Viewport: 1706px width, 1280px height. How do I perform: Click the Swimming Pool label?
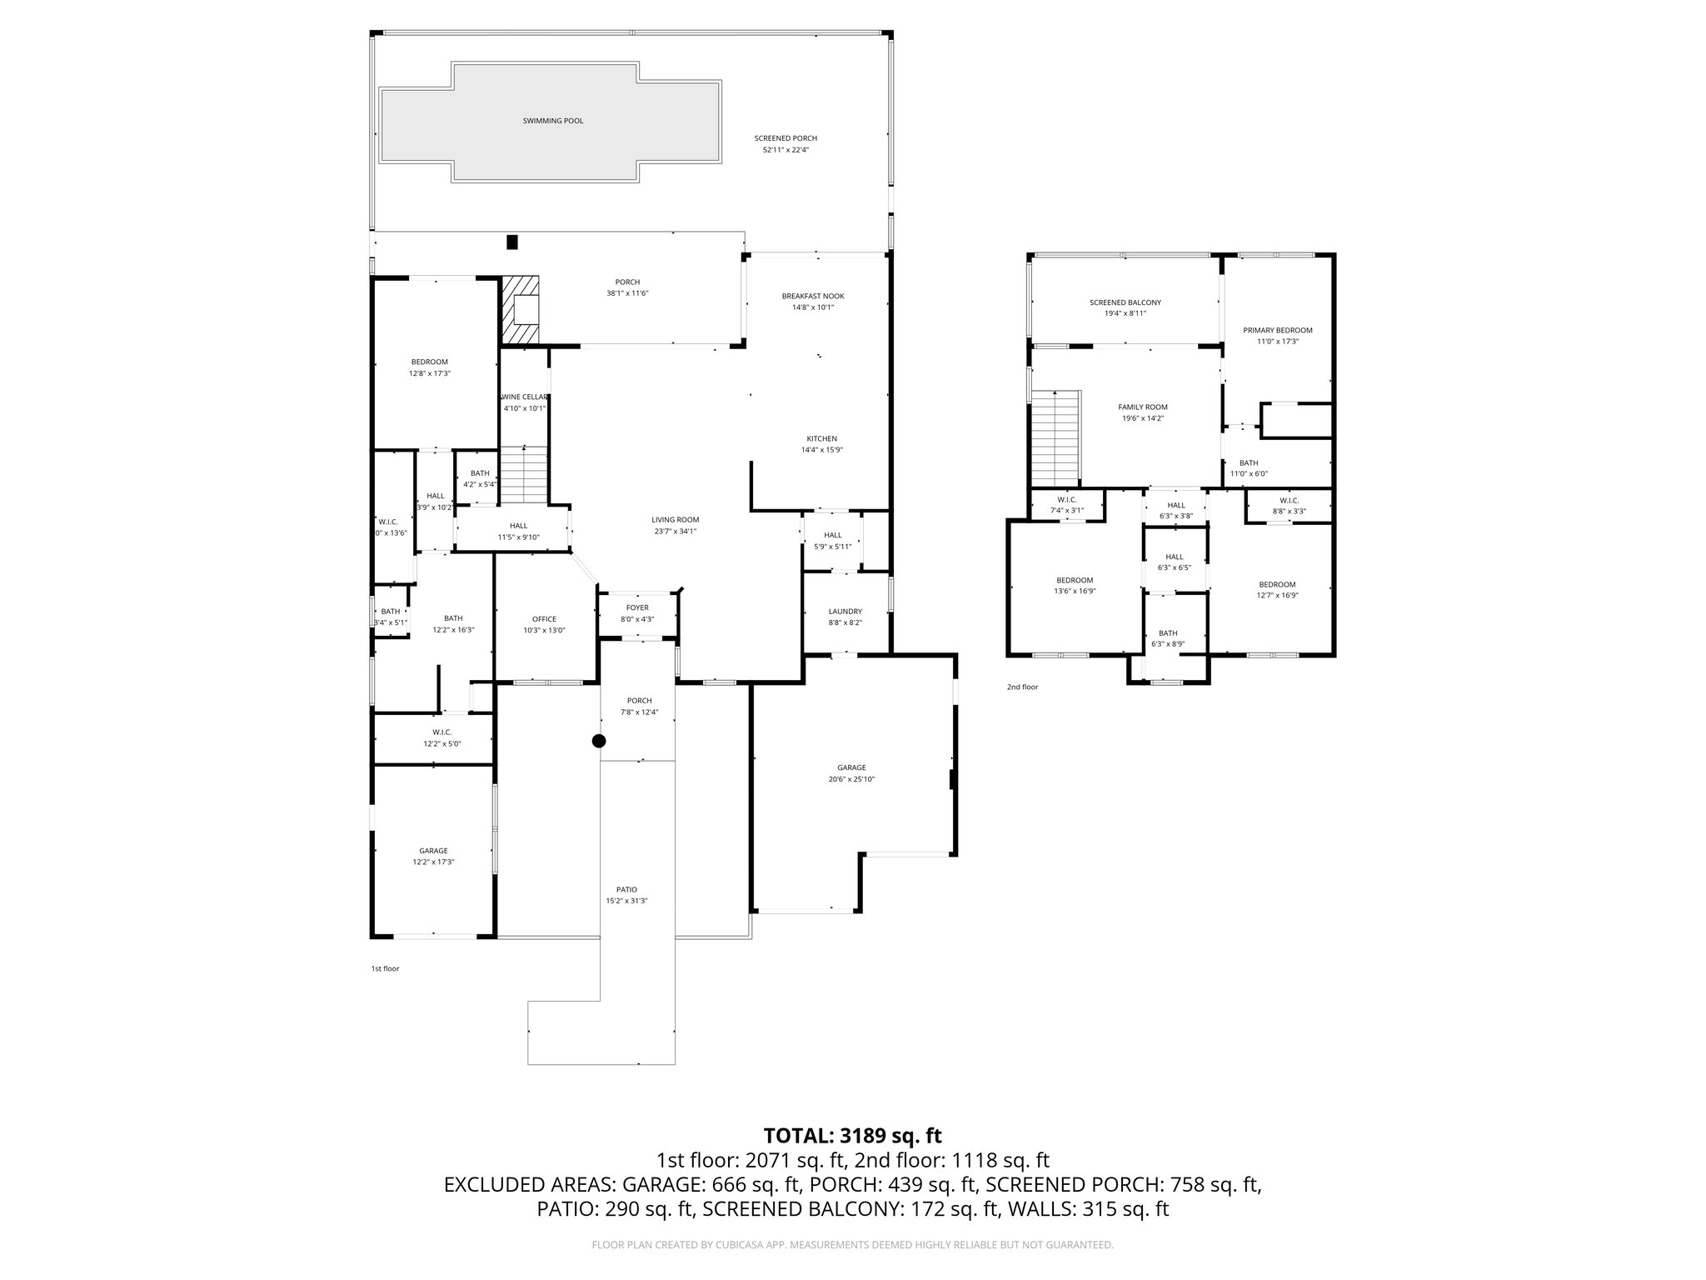tap(552, 121)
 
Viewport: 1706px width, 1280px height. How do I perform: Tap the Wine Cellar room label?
tap(525, 397)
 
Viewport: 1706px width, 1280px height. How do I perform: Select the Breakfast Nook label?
tap(813, 296)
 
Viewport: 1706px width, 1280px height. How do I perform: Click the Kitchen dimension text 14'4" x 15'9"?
tap(821, 450)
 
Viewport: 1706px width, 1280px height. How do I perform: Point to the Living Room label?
tap(675, 519)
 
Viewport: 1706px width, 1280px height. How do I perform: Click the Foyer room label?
tap(637, 607)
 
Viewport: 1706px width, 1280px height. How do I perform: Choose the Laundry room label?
tap(845, 611)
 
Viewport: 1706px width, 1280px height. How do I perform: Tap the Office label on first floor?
tap(544, 618)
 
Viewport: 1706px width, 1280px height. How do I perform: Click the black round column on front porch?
tap(598, 741)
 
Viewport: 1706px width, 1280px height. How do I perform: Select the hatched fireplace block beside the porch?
tap(520, 310)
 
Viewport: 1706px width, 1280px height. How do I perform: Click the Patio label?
tap(626, 889)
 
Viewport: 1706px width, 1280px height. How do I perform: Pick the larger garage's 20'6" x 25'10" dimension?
tap(851, 779)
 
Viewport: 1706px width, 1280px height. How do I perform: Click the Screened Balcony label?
tap(1125, 302)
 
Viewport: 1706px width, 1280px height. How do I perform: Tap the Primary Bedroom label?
tap(1277, 330)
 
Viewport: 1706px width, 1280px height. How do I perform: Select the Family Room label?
tap(1142, 407)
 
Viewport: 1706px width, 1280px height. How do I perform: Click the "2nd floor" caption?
tap(1022, 687)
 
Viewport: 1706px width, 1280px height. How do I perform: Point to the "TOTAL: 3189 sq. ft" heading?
tap(852, 1135)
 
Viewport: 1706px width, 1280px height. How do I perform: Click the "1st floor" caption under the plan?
tap(385, 968)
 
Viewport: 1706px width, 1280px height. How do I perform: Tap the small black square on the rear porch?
tap(512, 242)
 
